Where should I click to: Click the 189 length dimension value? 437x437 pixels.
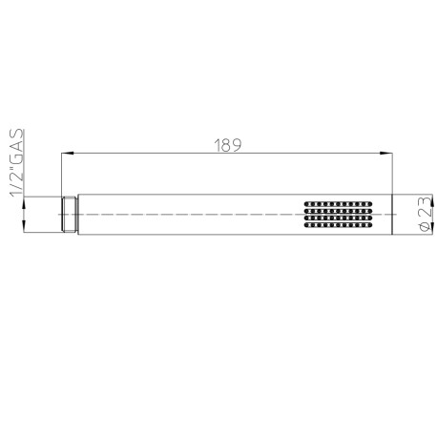(x=228, y=145)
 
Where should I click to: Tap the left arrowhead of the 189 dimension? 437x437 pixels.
(x=68, y=154)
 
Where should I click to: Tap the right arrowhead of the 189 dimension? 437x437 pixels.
(x=386, y=154)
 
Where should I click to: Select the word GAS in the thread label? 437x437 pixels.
(x=16, y=145)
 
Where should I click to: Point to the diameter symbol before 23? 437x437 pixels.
(x=426, y=226)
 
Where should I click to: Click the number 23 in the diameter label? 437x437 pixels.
(x=426, y=207)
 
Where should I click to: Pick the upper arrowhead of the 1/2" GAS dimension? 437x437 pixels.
(x=24, y=203)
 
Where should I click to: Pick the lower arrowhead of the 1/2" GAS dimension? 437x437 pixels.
(x=24, y=227)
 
